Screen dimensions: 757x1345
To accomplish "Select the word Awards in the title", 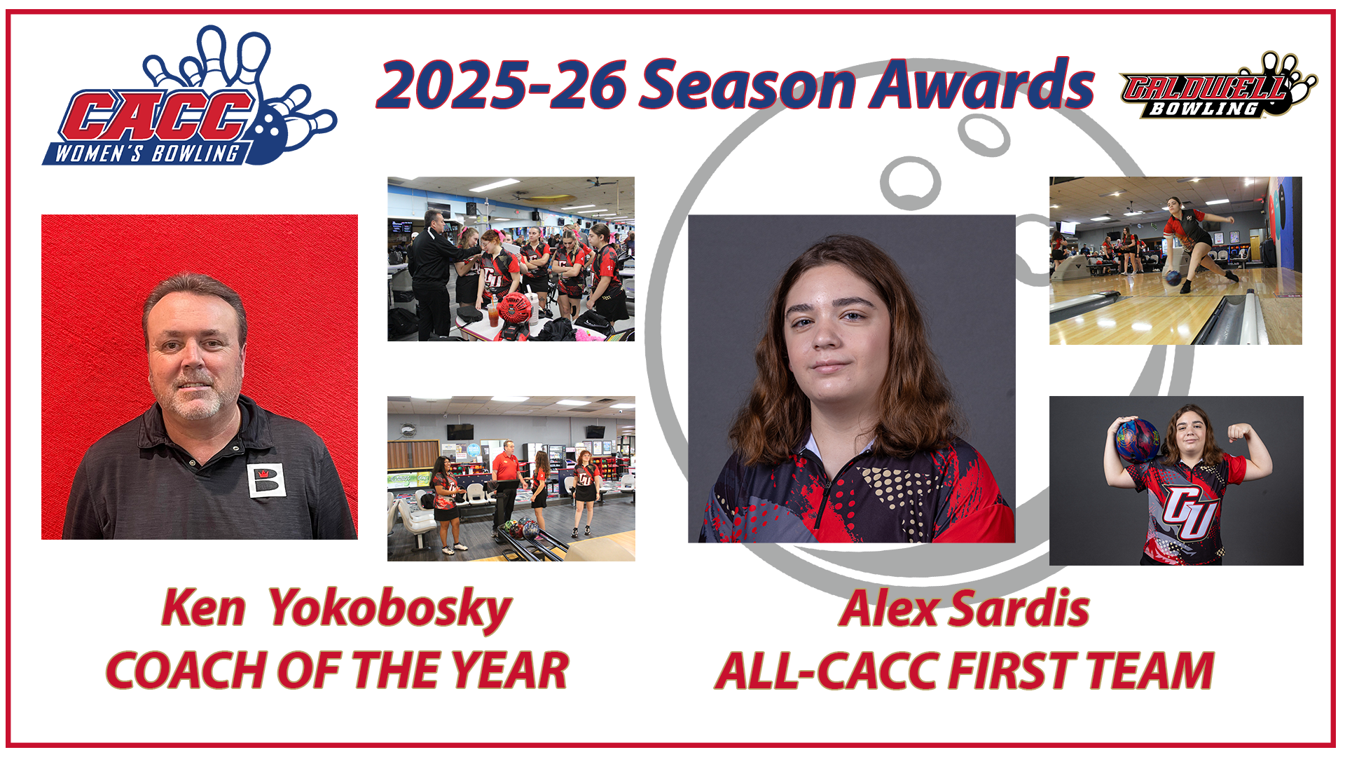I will pos(981,84).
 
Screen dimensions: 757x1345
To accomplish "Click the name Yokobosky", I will pos(389,608).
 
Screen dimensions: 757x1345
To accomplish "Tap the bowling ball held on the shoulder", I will pos(1136,439).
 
